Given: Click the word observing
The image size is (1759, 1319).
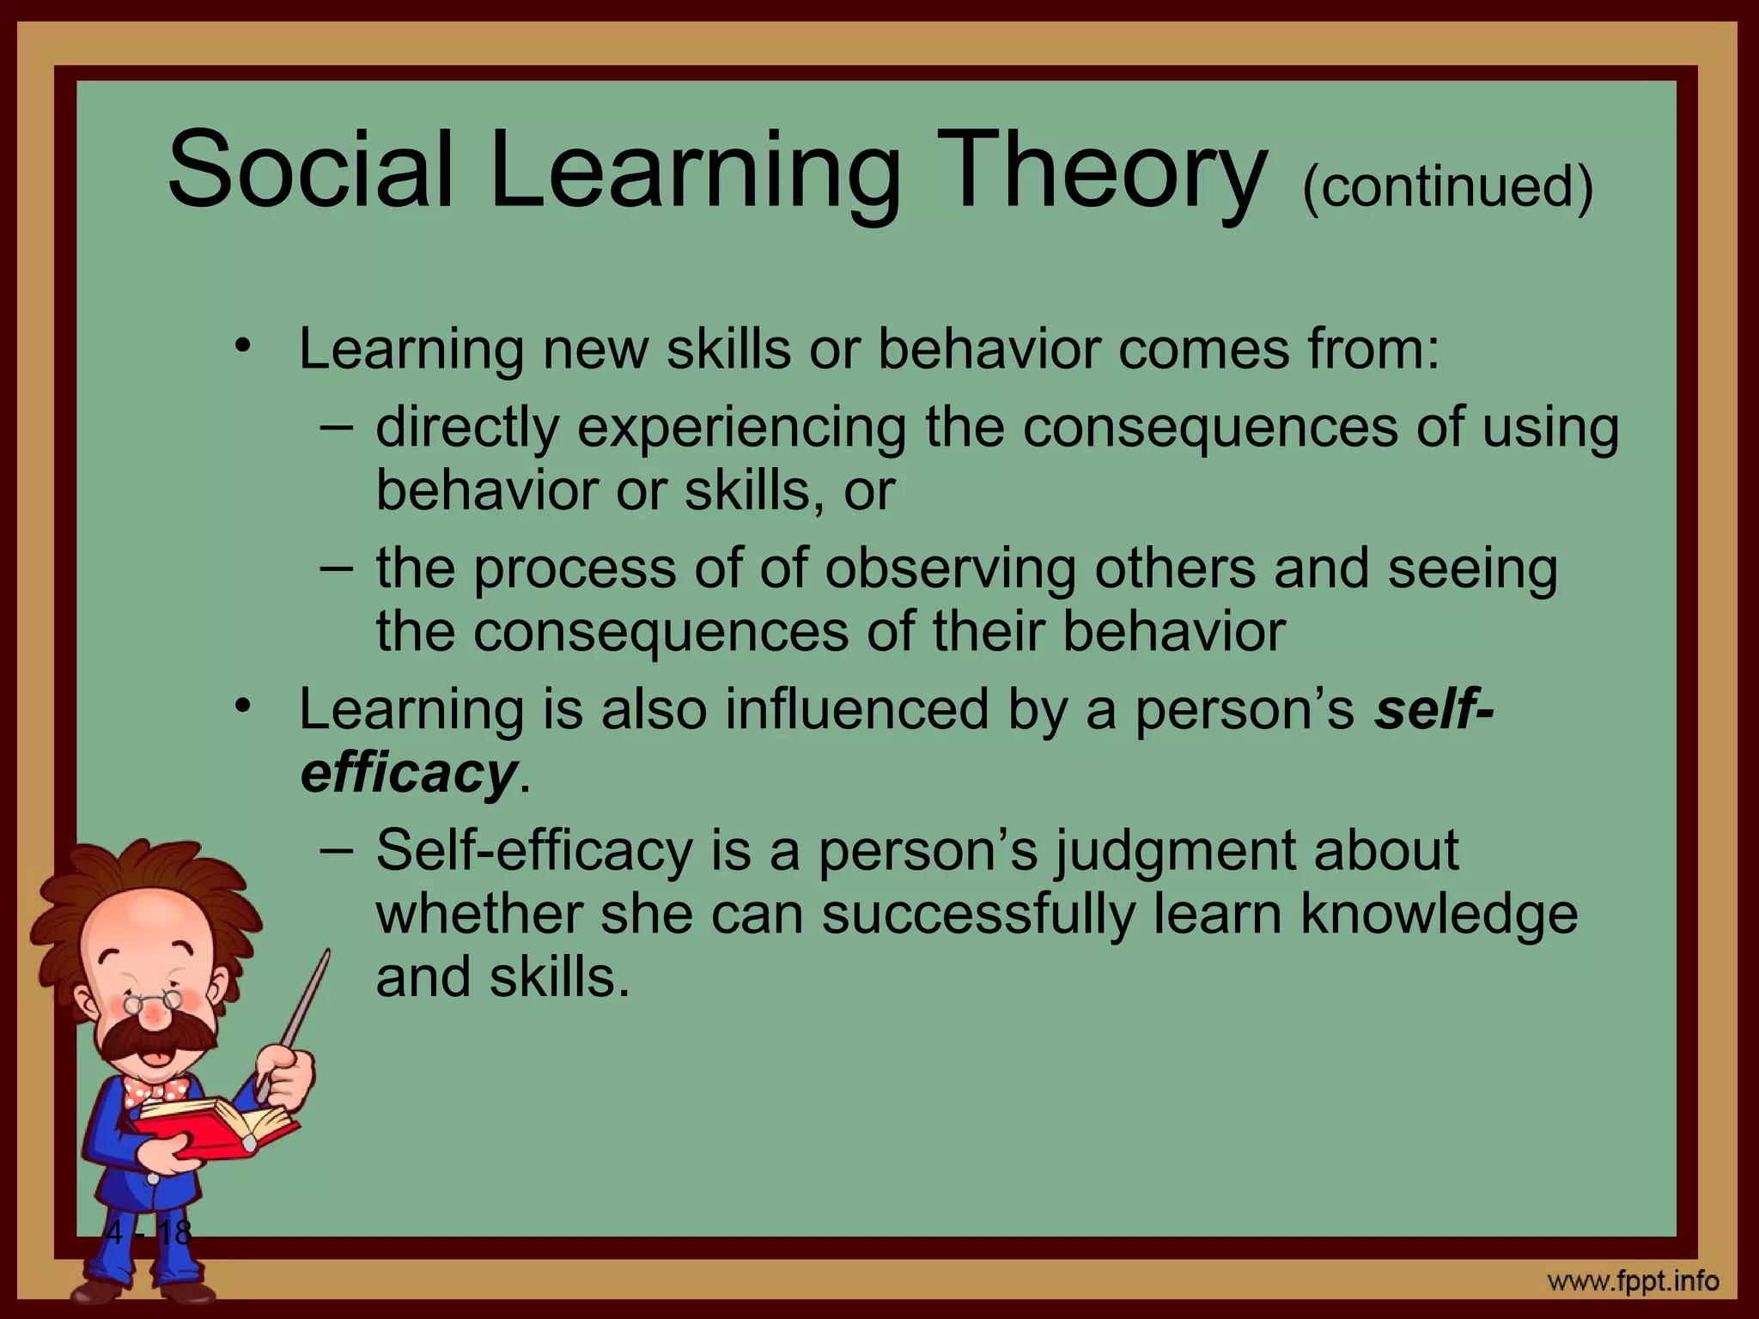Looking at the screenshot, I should pos(950,569).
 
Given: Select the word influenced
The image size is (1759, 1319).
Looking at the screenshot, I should pos(856,711).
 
